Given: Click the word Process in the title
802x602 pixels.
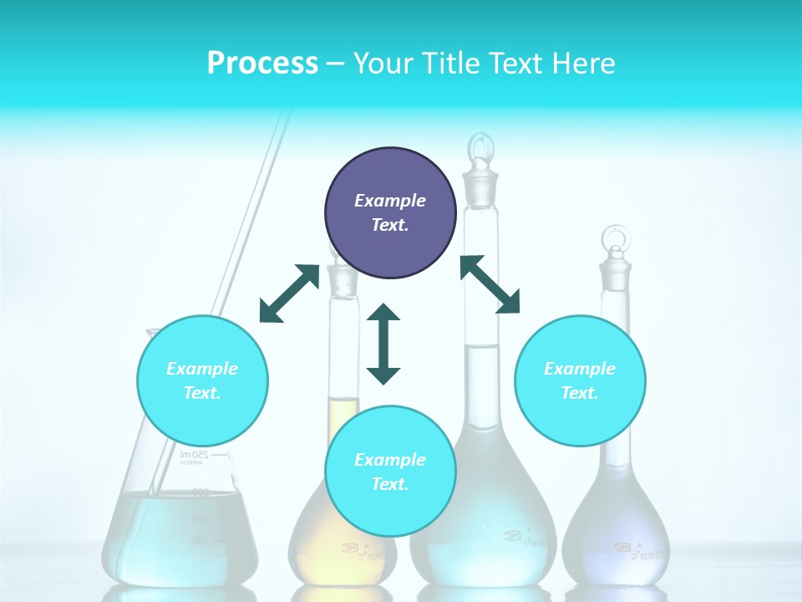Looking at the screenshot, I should click(x=262, y=64).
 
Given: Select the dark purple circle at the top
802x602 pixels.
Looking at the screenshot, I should click(x=390, y=212).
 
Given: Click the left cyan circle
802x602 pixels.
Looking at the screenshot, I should click(x=202, y=380).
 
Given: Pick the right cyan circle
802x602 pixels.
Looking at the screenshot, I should click(x=580, y=380).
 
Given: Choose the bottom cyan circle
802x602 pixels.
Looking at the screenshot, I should click(x=390, y=472).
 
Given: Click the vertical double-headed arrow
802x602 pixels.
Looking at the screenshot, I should click(x=383, y=344).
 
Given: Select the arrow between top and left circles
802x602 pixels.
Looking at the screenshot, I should click(x=289, y=293).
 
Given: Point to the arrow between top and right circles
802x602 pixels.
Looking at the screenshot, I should click(x=490, y=284).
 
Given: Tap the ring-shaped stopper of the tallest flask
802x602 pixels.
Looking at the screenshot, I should click(x=480, y=150).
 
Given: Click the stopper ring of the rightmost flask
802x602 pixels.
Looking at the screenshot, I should click(x=616, y=239).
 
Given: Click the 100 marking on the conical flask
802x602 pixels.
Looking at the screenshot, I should click(x=200, y=541).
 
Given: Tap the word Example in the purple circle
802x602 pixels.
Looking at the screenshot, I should click(x=390, y=201).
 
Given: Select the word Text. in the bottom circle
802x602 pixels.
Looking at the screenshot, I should click(x=390, y=484).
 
